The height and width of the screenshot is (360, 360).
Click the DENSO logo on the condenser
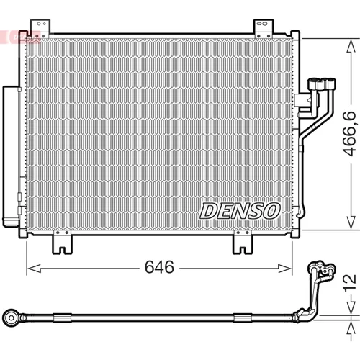tap(240, 211)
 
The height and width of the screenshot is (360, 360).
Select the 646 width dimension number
tap(159, 267)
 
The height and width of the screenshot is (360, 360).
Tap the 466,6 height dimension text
tap(349, 133)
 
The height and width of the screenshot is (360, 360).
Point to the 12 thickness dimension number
tap(349, 284)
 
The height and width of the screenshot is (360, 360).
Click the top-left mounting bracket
tap(40, 28)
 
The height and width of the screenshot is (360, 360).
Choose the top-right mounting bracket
tap(264, 28)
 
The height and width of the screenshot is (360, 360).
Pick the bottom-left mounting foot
tap(62, 243)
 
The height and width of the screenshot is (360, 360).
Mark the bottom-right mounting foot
tap(243, 243)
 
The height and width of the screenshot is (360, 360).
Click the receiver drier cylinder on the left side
tap(11, 156)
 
